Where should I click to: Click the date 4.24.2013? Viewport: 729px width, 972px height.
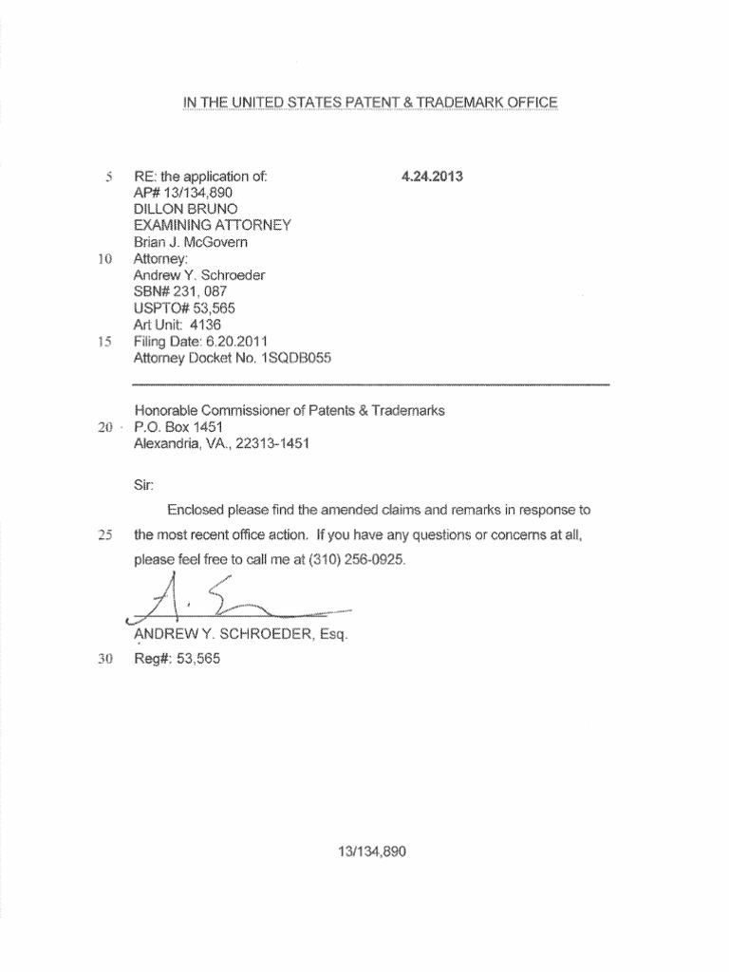pos(432,176)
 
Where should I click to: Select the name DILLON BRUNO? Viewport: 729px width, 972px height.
pos(185,209)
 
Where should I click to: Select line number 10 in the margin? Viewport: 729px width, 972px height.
pos(105,258)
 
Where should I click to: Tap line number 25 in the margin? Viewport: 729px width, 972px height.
pos(105,535)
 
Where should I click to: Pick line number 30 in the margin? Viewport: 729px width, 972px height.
pos(105,659)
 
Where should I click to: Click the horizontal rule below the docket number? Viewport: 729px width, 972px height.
pos(370,383)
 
